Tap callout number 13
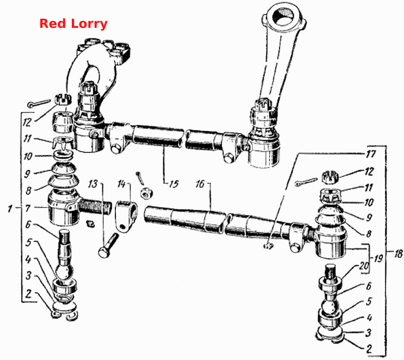93,184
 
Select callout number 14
121,184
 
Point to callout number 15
174,184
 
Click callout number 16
200,184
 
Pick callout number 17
371,154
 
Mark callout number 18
398,254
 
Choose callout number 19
378,258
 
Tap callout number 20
364,266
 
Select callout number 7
28,208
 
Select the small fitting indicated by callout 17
268,246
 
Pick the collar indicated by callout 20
330,283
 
